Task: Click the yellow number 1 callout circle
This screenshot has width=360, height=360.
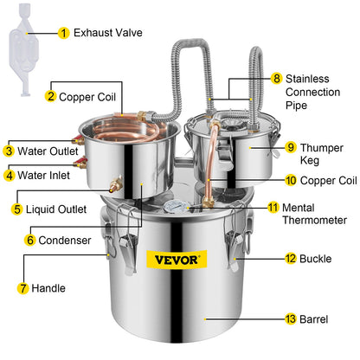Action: (x=63, y=33)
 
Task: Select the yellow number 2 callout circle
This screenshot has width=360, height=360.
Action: (x=51, y=96)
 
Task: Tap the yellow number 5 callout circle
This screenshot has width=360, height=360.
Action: (x=16, y=209)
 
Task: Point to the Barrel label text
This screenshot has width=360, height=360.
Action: (x=313, y=319)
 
